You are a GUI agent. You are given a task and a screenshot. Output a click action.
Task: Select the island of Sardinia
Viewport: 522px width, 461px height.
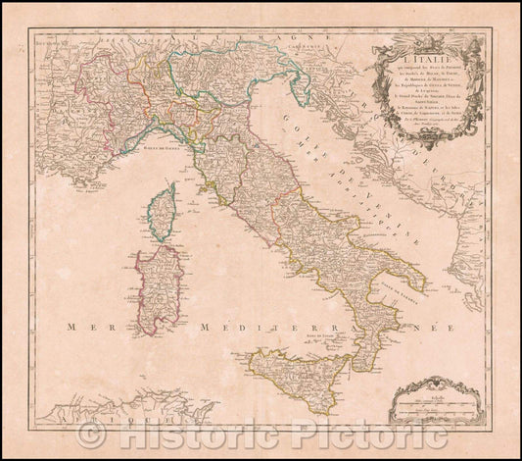[x=157, y=288]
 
